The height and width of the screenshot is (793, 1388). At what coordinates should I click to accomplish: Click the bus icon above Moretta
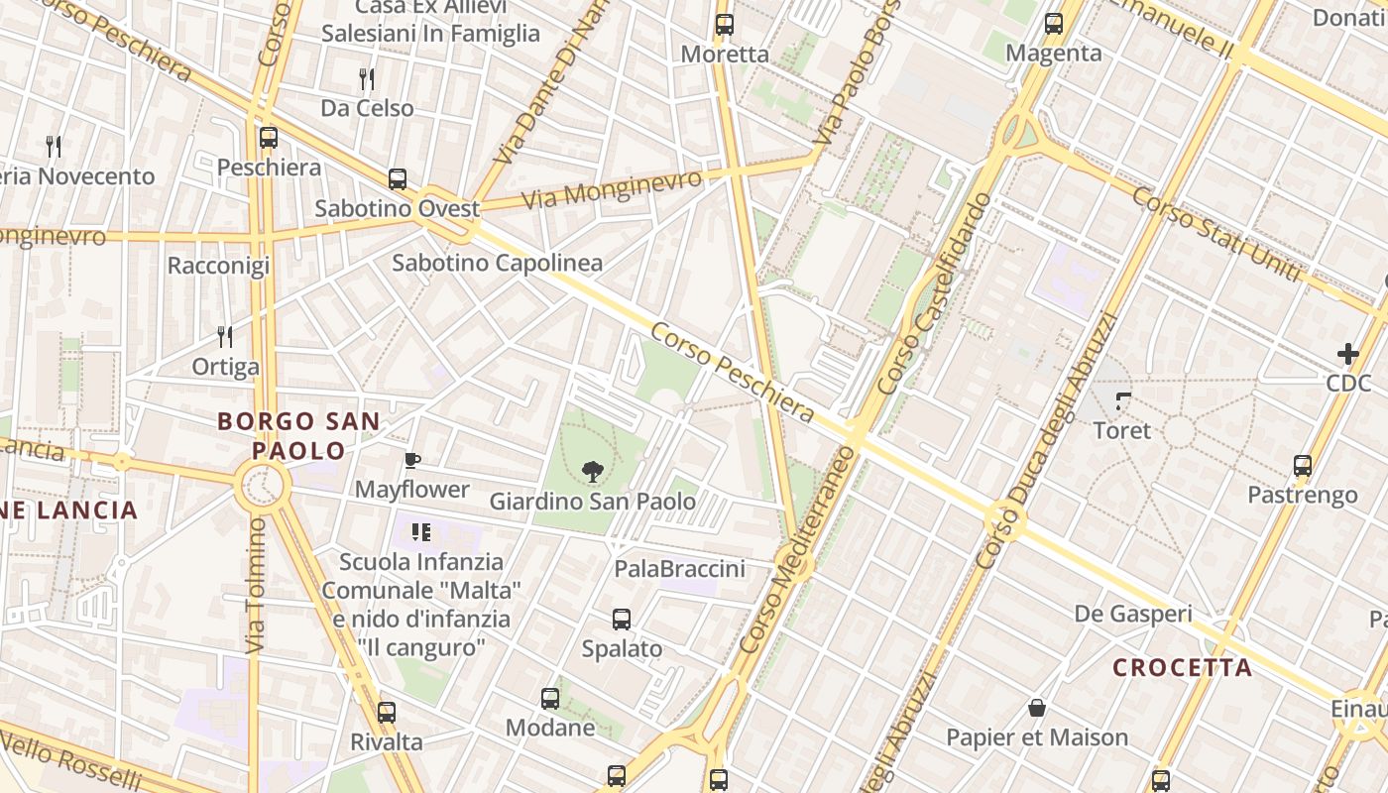coord(725,25)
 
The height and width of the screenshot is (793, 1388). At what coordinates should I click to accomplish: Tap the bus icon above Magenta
coord(1054,24)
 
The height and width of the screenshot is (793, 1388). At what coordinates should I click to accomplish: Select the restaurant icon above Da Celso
coord(367,79)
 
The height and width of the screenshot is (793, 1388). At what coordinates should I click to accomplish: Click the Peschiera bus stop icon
coord(269,138)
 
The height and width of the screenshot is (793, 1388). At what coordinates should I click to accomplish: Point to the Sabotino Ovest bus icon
coord(398,179)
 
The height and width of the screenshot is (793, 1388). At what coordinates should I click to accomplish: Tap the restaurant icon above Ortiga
coord(225,337)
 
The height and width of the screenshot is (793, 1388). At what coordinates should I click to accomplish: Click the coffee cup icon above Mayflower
coord(412,460)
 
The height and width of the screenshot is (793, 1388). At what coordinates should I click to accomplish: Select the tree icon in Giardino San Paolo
coord(592,471)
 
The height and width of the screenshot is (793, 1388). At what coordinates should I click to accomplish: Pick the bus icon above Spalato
coord(622,620)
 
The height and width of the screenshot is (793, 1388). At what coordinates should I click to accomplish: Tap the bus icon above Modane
coord(550,699)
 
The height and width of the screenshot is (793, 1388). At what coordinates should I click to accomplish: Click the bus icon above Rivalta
coord(387,713)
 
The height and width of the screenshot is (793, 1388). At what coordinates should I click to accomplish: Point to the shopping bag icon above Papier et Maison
coord(1037,708)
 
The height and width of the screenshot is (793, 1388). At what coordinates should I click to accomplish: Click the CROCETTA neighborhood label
coord(1182,667)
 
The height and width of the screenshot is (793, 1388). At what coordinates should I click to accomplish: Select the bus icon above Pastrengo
coord(1303,466)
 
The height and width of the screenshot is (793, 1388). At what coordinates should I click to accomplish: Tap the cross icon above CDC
coord(1348,353)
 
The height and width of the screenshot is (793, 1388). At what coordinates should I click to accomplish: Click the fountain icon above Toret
coord(1123,401)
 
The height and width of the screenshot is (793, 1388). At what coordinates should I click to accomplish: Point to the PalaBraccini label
coord(679,569)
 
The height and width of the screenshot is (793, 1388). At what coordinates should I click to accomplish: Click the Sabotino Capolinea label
coord(497,263)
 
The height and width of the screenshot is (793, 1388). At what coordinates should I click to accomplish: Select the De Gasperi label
coord(1133,614)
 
